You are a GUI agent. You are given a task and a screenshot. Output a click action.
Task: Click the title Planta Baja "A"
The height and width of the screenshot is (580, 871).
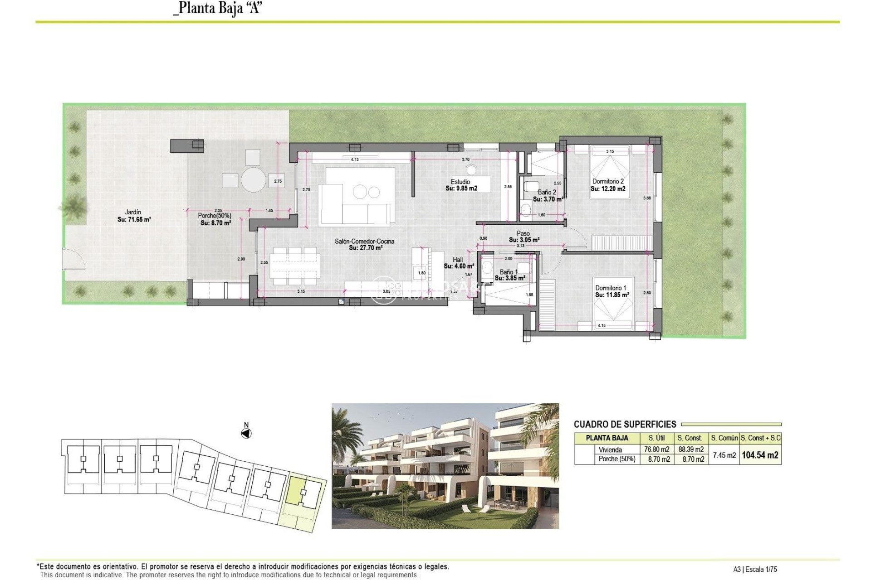click(x=218, y=8)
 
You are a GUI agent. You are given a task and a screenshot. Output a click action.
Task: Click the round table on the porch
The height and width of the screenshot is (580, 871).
click(x=253, y=180)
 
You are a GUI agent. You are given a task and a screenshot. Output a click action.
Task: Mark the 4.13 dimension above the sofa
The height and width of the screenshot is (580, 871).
click(x=355, y=159)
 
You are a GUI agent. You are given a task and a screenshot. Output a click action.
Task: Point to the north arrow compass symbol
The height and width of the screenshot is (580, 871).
click(x=246, y=434)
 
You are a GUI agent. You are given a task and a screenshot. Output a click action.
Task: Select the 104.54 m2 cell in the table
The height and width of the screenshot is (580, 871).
click(x=760, y=455)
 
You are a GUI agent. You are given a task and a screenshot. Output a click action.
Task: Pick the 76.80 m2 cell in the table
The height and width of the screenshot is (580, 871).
click(x=656, y=449)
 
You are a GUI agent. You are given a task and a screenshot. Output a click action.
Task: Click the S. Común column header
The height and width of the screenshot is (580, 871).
click(x=724, y=438)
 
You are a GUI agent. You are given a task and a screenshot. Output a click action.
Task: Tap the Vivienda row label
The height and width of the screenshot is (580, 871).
click(x=610, y=449)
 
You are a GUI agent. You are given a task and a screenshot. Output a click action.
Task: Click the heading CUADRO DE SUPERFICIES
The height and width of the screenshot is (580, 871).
click(x=625, y=424)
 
